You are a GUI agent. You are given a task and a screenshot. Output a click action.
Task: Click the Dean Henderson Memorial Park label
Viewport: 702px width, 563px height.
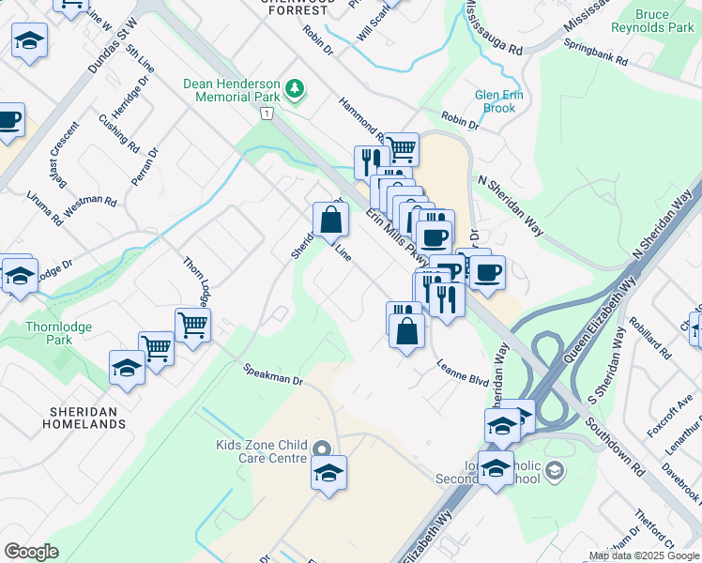(233, 89)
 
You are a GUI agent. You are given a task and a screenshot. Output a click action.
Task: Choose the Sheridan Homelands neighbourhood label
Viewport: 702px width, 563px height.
(84, 418)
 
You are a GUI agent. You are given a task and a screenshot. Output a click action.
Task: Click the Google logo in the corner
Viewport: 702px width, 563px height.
(31, 551)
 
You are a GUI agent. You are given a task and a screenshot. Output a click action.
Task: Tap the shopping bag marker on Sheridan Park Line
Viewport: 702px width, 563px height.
(330, 221)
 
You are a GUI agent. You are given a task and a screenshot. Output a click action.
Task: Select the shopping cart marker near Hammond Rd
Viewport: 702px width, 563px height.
(401, 148)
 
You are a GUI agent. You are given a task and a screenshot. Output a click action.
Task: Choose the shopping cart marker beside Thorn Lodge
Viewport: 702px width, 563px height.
(192, 326)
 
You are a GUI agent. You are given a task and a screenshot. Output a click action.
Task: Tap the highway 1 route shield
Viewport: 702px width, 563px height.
(267, 113)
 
